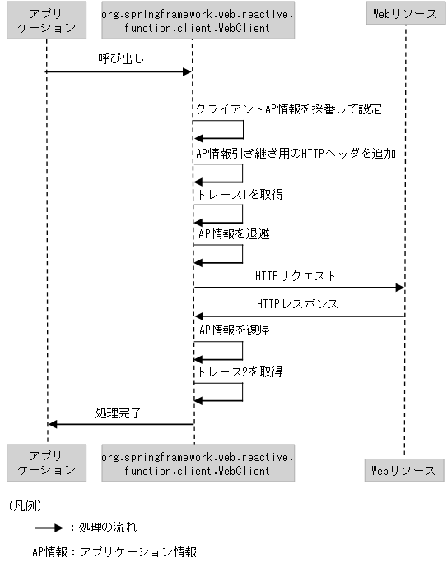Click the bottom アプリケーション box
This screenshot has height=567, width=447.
tap(47, 463)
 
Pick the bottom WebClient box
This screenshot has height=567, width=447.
tap(197, 463)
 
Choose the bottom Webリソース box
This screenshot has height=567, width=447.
tap(403, 470)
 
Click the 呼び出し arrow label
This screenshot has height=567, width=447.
tap(119, 60)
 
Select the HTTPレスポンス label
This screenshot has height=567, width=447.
tap(297, 303)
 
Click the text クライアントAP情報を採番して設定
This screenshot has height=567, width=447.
tap(288, 109)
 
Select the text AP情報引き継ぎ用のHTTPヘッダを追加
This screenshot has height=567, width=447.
tap(296, 152)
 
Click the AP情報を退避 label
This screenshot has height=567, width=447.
tap(234, 234)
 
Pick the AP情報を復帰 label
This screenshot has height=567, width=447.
tap(234, 330)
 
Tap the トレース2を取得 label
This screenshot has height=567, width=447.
tap(240, 372)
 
